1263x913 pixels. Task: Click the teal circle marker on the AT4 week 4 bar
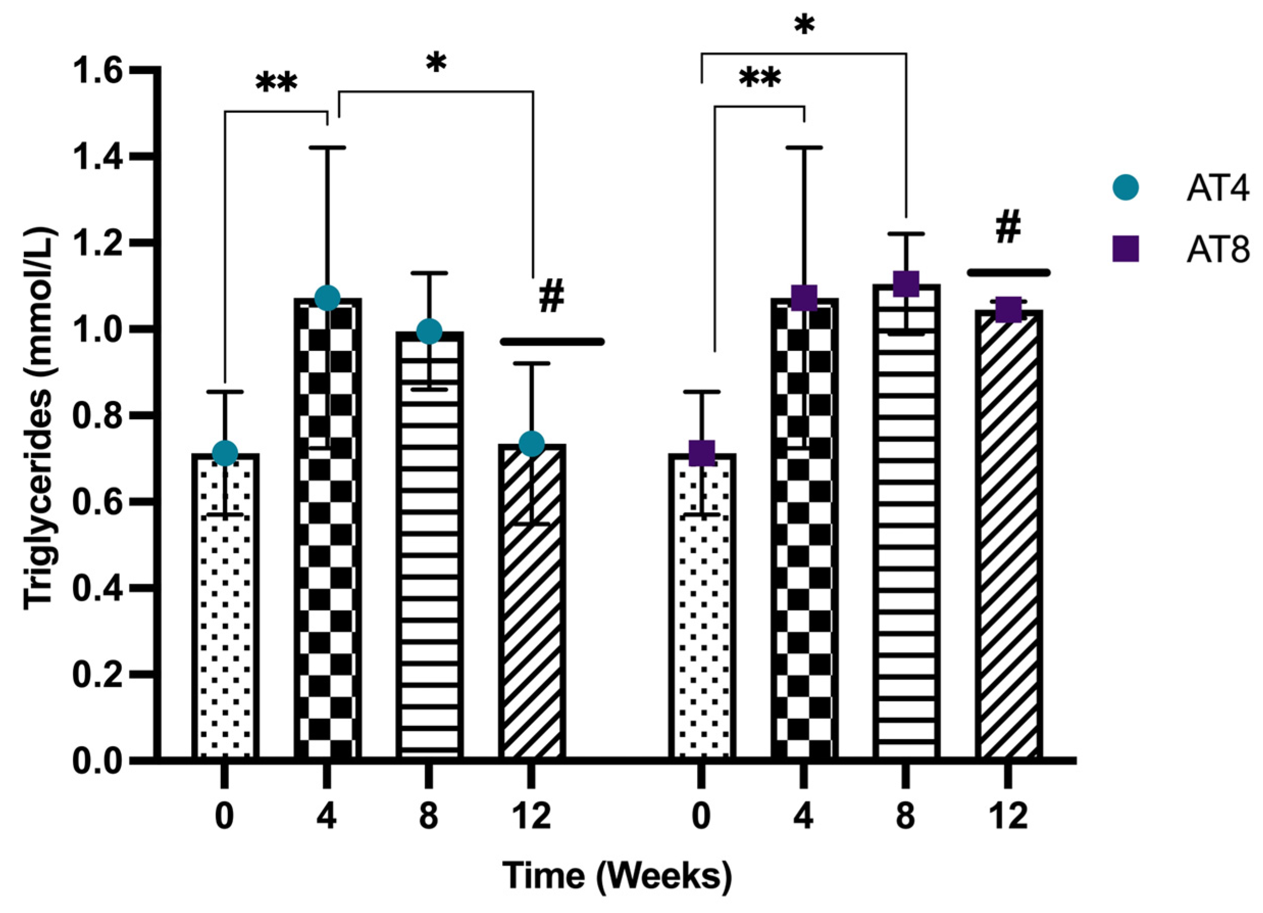pyautogui.click(x=327, y=298)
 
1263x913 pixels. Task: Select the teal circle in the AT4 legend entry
pyautogui.click(x=1125, y=188)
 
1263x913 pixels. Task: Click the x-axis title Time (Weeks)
pyautogui.click(x=617, y=876)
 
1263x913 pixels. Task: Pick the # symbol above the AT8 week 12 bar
pyautogui.click(x=1008, y=227)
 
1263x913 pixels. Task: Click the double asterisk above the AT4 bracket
pyautogui.click(x=277, y=84)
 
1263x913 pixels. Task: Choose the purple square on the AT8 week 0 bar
pyautogui.click(x=702, y=453)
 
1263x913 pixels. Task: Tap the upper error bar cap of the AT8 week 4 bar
pyautogui.click(x=804, y=147)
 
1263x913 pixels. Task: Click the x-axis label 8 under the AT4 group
pyautogui.click(x=429, y=817)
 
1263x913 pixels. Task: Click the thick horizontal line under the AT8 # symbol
pyautogui.click(x=1008, y=272)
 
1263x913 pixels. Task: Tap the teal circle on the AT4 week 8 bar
pyautogui.click(x=429, y=332)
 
